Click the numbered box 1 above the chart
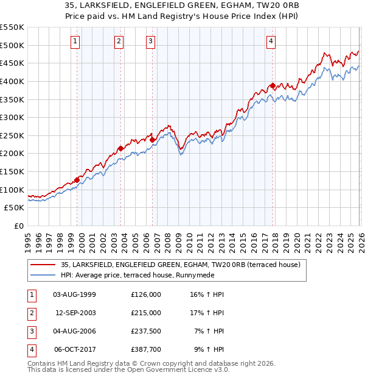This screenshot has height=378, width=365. point(75,41)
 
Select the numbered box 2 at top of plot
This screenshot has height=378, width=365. point(118,41)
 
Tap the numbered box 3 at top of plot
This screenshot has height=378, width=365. point(150,41)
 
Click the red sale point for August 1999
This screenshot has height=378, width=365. point(77,180)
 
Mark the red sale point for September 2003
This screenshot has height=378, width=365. point(120,148)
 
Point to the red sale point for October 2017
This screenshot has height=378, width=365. point(273,85)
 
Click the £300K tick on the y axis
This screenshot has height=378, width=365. point(12,117)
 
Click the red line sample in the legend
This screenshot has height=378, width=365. point(42,265)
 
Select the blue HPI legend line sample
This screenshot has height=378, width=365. point(42,275)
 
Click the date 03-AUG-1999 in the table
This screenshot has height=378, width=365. point(75,294)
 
